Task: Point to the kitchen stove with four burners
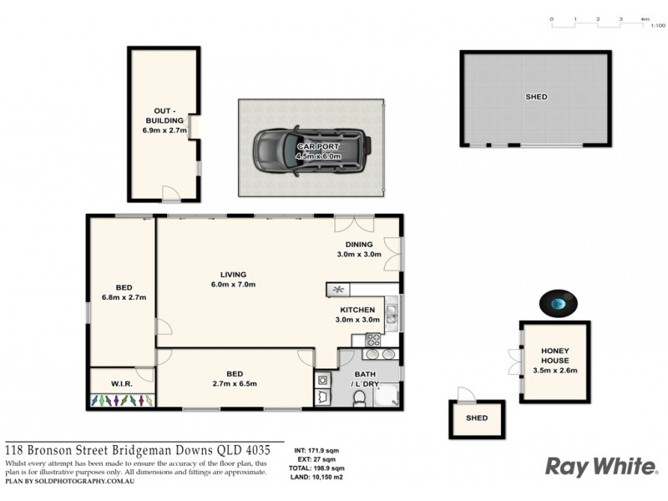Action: (x=372, y=340)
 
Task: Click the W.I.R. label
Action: (x=123, y=384)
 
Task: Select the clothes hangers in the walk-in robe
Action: (x=122, y=400)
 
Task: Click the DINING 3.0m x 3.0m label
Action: (x=359, y=250)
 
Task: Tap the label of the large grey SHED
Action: (x=535, y=97)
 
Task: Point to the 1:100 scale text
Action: (x=657, y=26)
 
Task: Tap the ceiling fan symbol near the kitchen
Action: (x=337, y=290)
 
